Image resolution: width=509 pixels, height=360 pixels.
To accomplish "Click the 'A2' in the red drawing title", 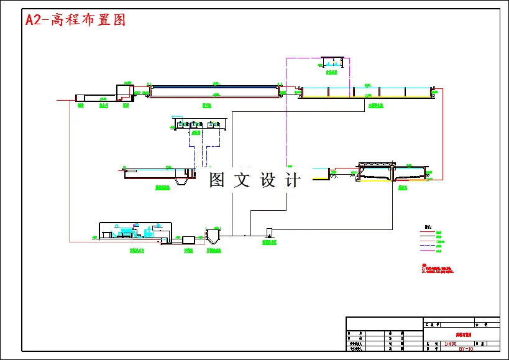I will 32,20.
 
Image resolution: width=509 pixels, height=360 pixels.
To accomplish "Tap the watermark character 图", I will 217,180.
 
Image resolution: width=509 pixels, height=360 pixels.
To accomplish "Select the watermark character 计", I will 292,180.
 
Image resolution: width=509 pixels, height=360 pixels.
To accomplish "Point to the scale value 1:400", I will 451,343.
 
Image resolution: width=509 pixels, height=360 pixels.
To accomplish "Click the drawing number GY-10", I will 465,349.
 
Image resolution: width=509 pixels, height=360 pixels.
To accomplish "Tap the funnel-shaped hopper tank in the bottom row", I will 213,238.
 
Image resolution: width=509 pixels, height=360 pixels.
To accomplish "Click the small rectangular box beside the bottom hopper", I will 188,239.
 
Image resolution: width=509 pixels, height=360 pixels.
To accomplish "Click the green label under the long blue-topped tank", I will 206,106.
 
